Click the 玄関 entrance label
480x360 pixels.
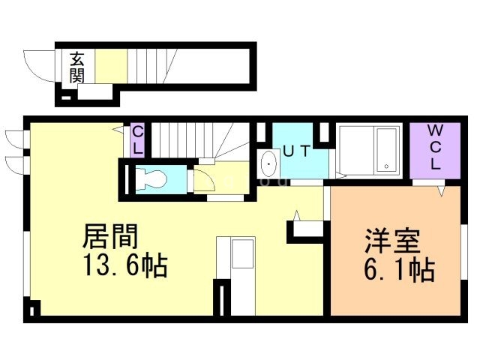click(78, 67)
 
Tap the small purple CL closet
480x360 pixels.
click(138, 140)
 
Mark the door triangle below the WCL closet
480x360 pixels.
click(442, 191)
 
